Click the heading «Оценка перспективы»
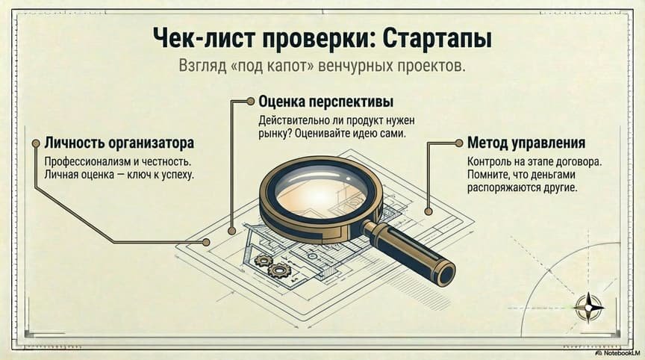325,101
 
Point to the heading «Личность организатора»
119,142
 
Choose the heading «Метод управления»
526,142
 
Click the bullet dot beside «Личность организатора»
34,142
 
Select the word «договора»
582,161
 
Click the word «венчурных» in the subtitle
352,66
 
